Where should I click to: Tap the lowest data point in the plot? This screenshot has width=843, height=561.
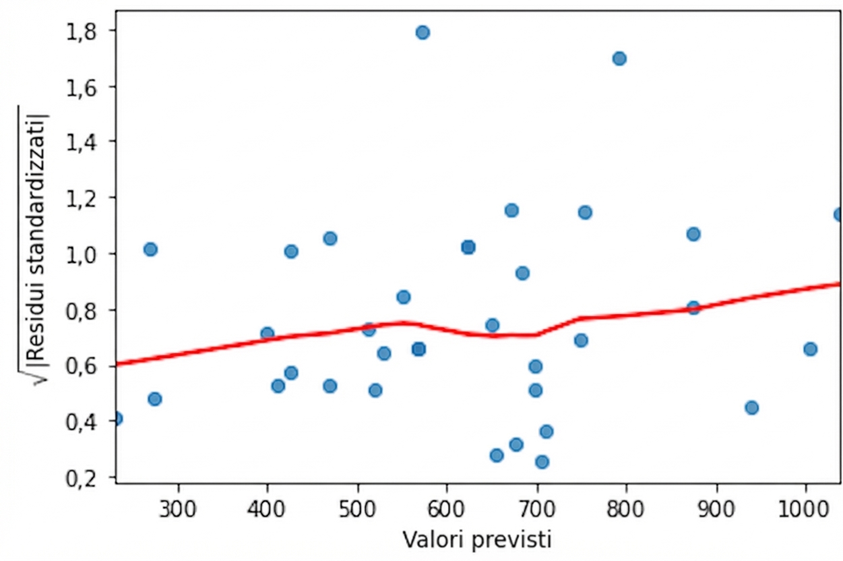542,462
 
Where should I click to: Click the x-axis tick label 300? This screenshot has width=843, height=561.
179,506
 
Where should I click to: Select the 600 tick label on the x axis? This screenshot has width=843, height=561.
447,506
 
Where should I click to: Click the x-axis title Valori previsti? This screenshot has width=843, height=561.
478,540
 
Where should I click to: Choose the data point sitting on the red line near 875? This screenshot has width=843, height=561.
693,308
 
